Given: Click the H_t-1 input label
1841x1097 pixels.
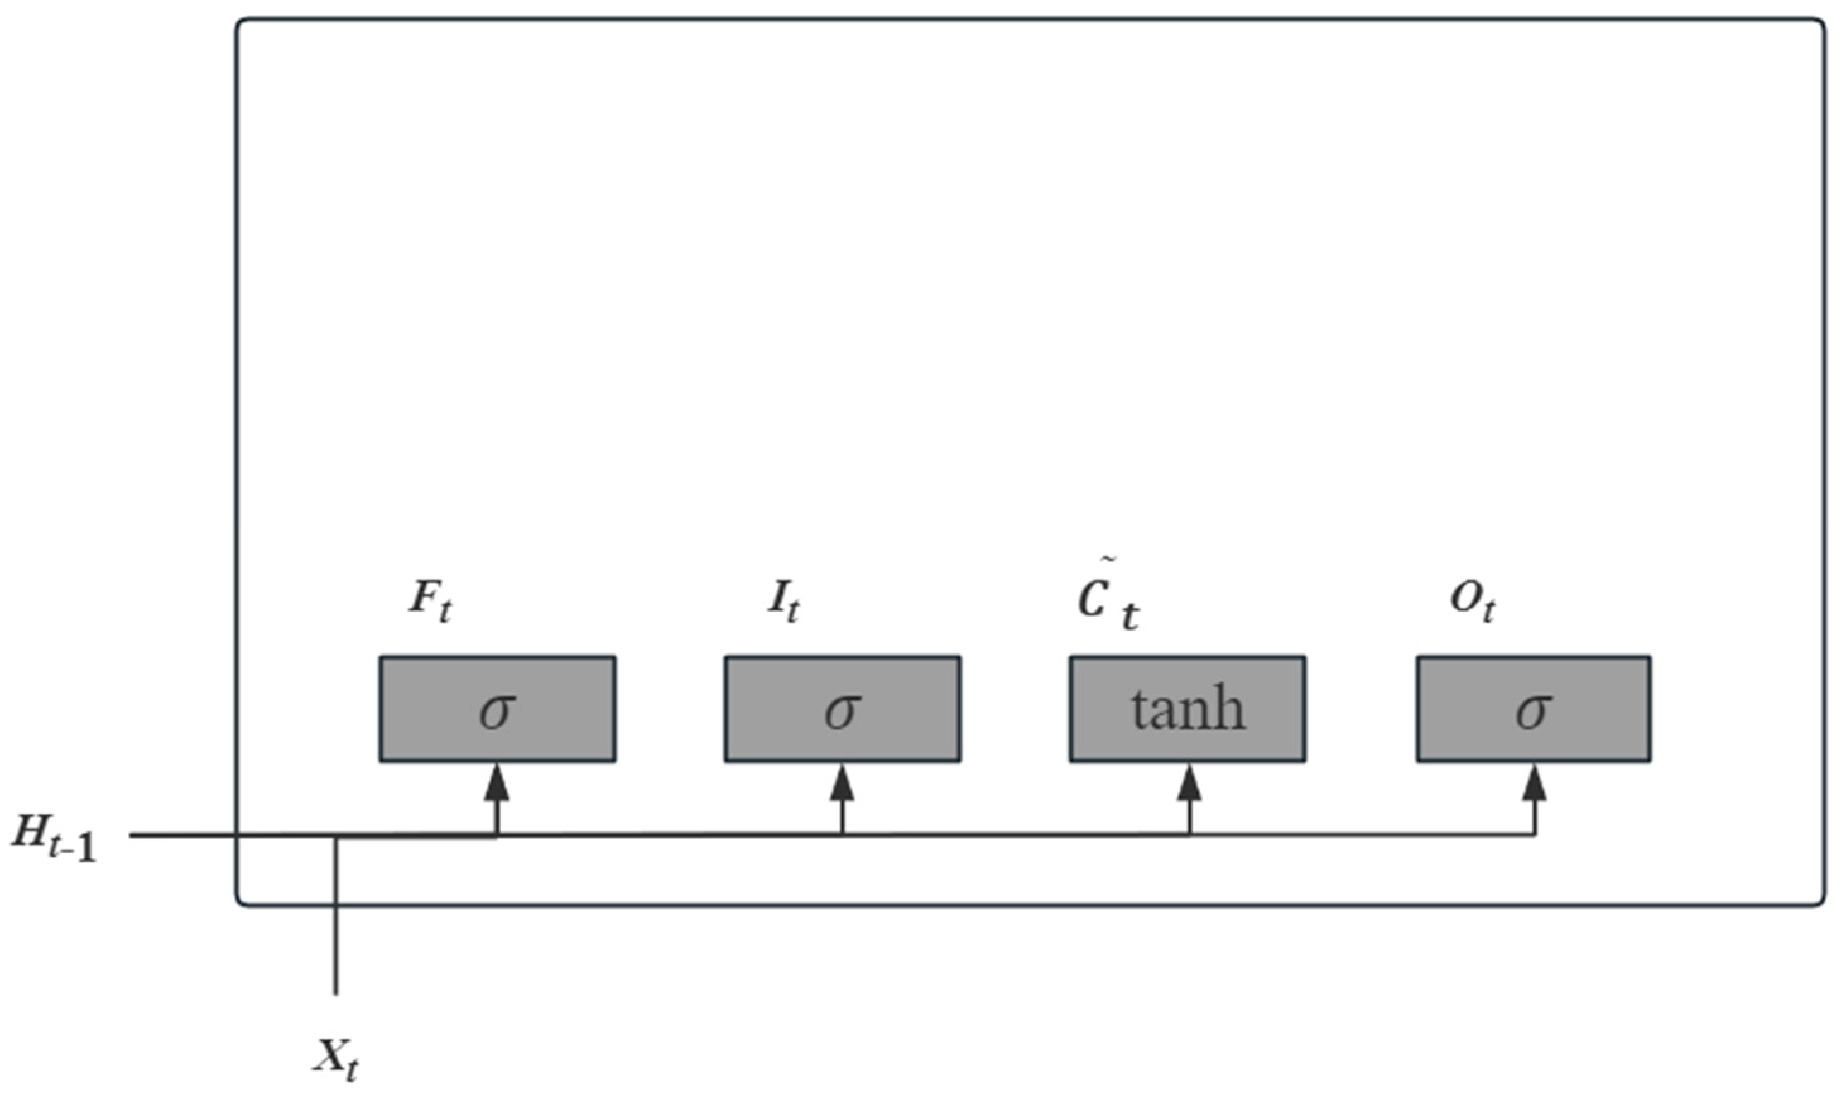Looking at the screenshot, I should [x=53, y=841].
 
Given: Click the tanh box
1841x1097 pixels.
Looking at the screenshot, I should [x=1187, y=708].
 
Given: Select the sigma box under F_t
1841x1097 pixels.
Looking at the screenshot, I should [x=497, y=708].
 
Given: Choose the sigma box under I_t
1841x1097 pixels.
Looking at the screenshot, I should [x=842, y=708].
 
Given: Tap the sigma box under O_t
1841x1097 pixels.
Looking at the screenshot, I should [x=1534, y=708].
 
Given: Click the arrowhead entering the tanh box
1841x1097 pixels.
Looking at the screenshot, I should [x=1189, y=783].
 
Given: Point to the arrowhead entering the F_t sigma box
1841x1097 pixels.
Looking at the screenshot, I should [x=497, y=783].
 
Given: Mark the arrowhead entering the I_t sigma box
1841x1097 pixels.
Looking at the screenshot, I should [x=842, y=783].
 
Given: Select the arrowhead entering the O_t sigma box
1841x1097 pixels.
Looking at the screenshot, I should [x=1535, y=783].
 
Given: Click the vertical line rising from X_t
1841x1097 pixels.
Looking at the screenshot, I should [x=337, y=924].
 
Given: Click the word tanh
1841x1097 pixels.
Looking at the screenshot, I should [x=1188, y=709].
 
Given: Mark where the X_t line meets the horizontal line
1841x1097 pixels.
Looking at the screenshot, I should [x=337, y=836].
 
